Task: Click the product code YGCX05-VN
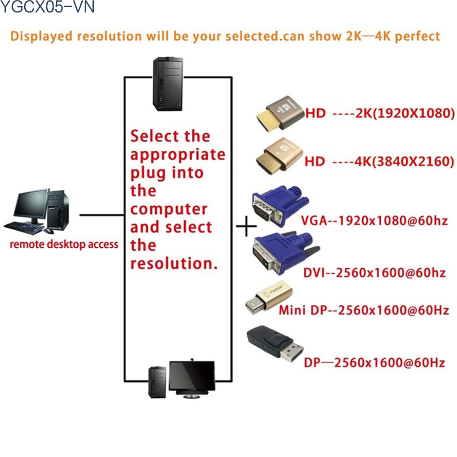coord(47,8)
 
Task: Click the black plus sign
coord(246,226)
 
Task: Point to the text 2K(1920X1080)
coord(405,113)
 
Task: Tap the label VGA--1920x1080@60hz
coord(374,221)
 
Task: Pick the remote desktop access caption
coord(64,244)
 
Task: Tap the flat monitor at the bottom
coord(192,376)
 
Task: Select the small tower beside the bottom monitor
coord(157,382)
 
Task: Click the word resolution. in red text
coord(174,263)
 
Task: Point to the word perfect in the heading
coord(417,36)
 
